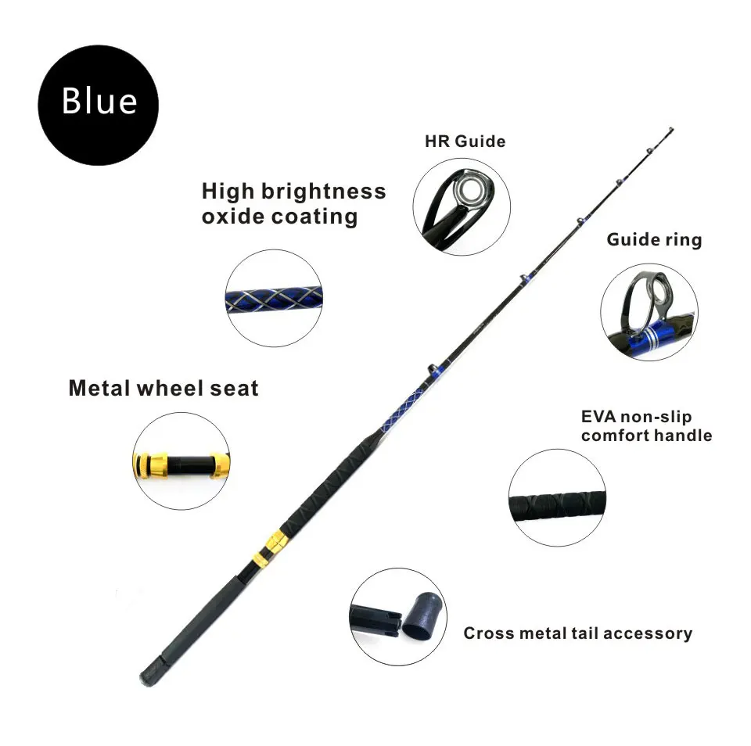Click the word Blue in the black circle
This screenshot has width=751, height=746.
pyautogui.click(x=99, y=101)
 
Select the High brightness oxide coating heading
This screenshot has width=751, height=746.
pyautogui.click(x=293, y=203)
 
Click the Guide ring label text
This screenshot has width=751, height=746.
pyautogui.click(x=654, y=239)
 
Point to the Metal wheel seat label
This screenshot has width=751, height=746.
pyautogui.click(x=163, y=388)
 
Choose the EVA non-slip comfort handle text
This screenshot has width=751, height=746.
pyautogui.click(x=646, y=426)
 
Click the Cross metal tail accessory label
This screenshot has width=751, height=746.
pyautogui.click(x=577, y=633)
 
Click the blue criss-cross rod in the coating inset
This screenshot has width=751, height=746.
pyautogui.click(x=274, y=298)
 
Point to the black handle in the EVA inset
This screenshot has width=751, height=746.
pyautogui.click(x=557, y=498)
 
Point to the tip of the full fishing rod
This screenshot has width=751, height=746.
pyautogui.click(x=671, y=130)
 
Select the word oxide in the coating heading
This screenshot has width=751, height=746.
pyautogui.click(x=233, y=217)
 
